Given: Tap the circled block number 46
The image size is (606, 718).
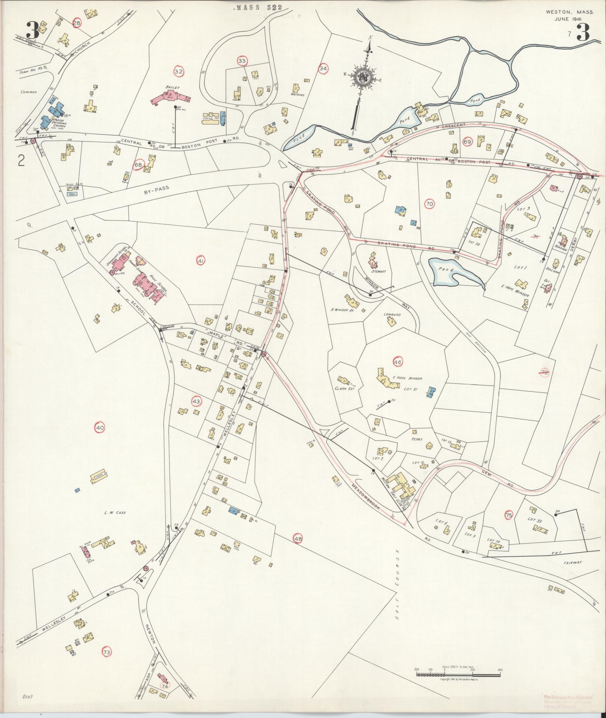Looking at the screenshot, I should [398, 362].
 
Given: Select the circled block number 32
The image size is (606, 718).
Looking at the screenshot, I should [179, 71].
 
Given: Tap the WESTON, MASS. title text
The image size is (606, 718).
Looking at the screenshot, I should [570, 12].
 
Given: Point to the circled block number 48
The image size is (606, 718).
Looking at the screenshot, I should [298, 539].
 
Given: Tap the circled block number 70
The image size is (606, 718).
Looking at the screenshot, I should [430, 204].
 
